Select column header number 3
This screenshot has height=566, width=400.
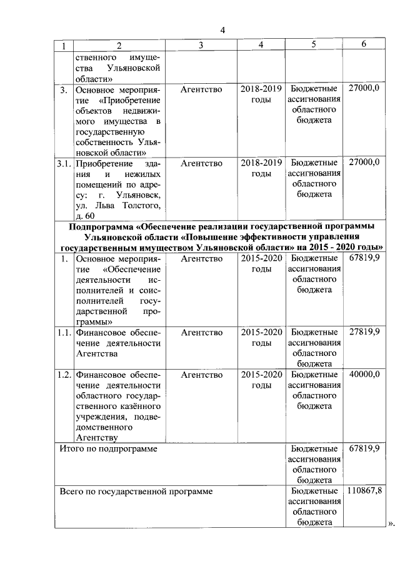pos(201,45)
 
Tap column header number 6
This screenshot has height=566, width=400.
pos(364,44)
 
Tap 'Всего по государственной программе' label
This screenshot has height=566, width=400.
pos(136,491)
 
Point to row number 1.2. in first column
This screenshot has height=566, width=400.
pos(63,375)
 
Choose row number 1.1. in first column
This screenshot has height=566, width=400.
pos(63,332)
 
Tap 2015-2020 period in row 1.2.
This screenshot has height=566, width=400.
pos(261,375)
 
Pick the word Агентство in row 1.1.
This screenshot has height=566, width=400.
pos(201,332)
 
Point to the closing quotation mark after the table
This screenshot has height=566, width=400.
pos(392,523)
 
